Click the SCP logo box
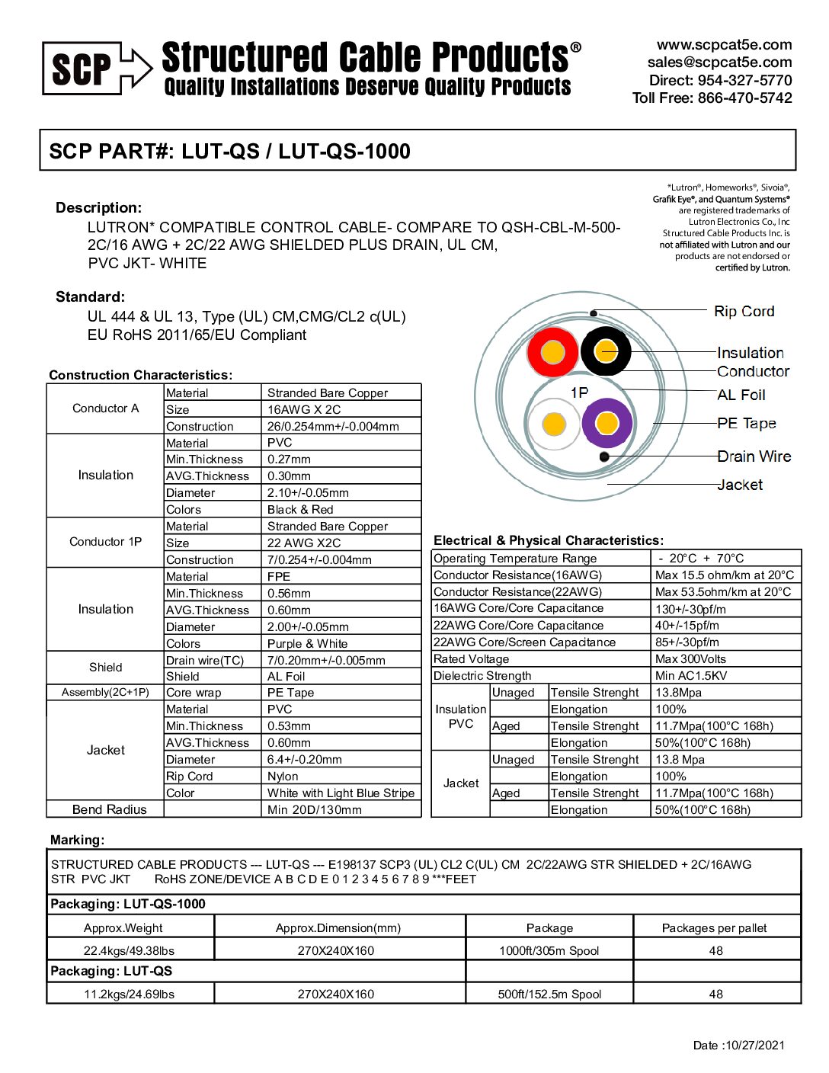click(x=82, y=69)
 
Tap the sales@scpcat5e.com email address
click(x=719, y=62)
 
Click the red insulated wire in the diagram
click(x=552, y=352)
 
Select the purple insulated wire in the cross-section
click(x=607, y=423)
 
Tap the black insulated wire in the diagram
click(x=606, y=351)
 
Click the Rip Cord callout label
click(x=744, y=311)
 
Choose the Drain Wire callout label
click(x=754, y=456)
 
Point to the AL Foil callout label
click(x=741, y=395)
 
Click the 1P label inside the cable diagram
click(x=579, y=392)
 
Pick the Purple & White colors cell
click(x=307, y=644)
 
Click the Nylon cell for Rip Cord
click(x=283, y=777)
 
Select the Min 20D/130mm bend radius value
click(x=314, y=810)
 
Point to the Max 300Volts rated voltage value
click(x=690, y=659)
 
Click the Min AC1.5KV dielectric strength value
click(x=690, y=676)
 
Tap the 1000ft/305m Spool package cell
click(x=549, y=951)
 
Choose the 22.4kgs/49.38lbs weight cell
click(x=129, y=951)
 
